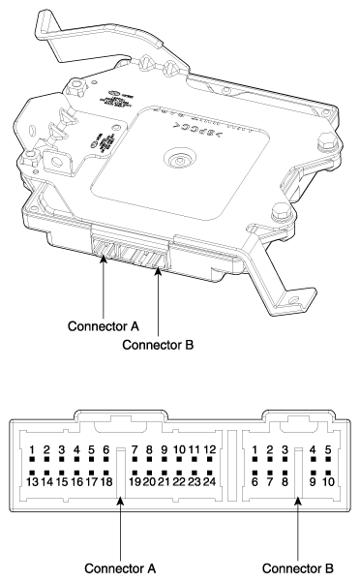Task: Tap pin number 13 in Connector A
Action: [32, 480]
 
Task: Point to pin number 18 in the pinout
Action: [106, 480]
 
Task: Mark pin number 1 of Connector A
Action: [32, 449]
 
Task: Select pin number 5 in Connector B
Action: [328, 449]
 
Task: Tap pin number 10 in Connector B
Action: [328, 480]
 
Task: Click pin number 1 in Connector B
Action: [254, 449]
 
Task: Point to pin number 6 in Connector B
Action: [254, 480]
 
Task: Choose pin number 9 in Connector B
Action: [313, 480]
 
